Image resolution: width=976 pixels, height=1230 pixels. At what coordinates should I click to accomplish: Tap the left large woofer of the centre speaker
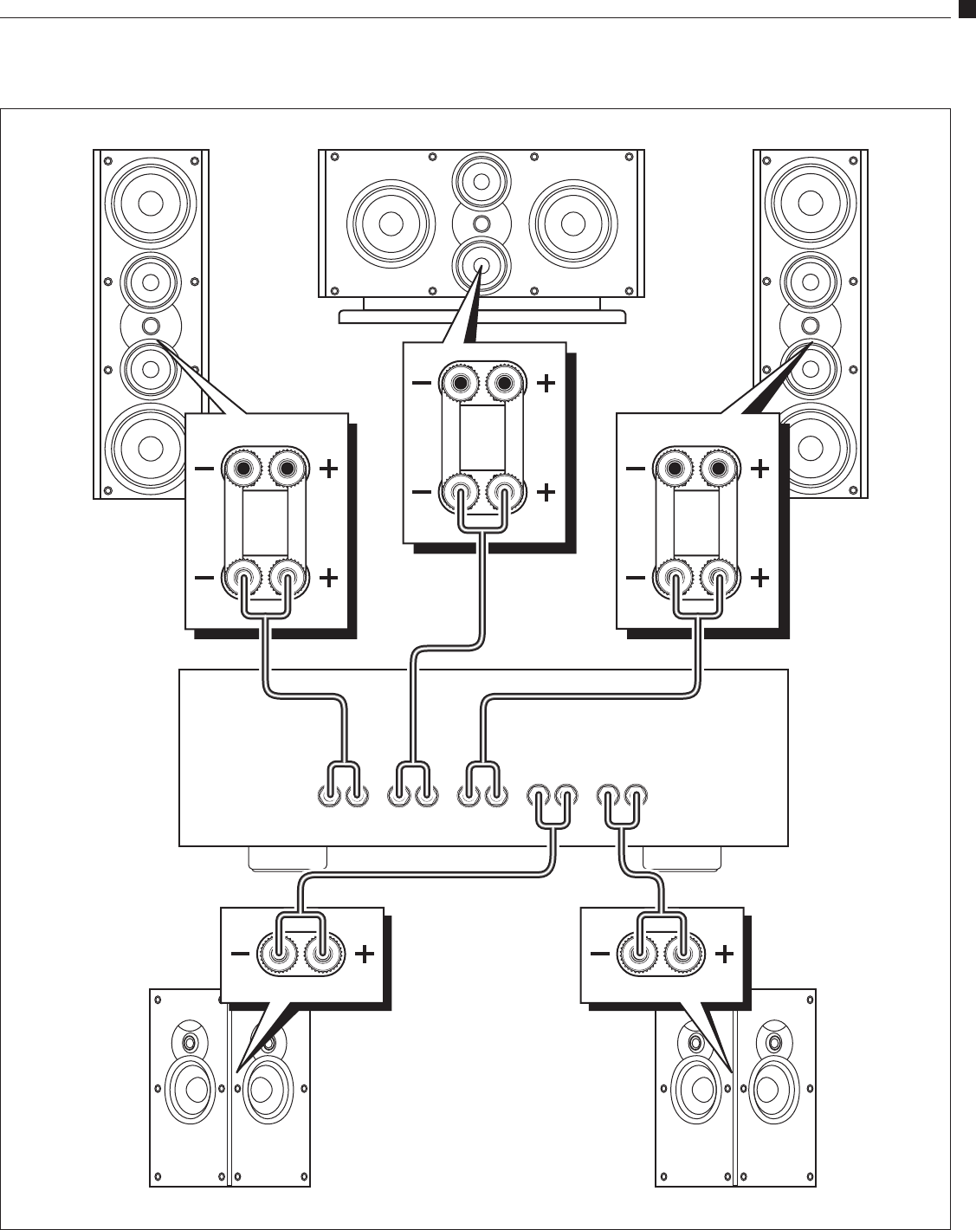point(390,223)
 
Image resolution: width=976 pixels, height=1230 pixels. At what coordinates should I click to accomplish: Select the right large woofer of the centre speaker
point(572,223)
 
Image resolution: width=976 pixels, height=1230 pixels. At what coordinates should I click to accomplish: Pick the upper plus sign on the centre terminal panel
point(546,383)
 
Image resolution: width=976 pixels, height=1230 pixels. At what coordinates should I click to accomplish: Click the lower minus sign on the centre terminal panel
point(420,492)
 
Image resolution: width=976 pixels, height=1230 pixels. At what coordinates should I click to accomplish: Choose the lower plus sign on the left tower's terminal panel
point(328,578)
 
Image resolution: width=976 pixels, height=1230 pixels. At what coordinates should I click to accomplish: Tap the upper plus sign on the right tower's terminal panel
point(759,469)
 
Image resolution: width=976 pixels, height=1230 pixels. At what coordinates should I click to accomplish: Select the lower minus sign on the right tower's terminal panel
point(634,578)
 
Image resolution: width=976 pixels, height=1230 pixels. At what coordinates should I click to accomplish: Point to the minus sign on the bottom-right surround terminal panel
point(599,955)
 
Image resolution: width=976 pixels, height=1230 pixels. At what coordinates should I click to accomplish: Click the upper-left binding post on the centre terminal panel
point(461,383)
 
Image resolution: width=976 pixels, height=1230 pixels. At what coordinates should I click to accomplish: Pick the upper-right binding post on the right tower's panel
point(718,469)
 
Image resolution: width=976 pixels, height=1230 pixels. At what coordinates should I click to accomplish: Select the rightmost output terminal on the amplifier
point(637,796)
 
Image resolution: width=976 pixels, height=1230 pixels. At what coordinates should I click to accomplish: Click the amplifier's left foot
point(287,858)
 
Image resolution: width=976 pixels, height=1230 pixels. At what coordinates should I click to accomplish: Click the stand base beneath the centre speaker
point(482,317)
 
